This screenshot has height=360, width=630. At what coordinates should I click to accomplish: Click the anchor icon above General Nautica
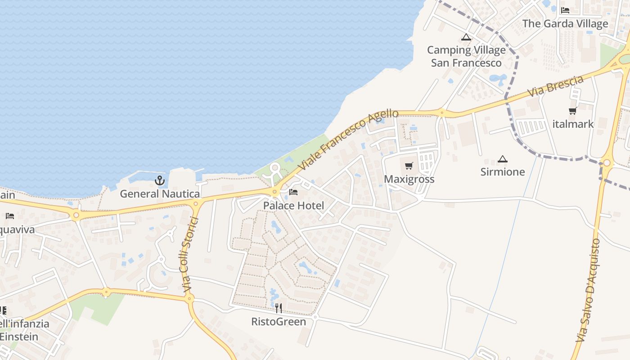[159, 181]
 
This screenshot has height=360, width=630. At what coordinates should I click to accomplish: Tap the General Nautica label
[160, 194]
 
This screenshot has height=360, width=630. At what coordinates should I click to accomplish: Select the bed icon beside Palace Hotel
[293, 193]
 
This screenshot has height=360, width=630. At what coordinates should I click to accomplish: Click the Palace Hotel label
[293, 206]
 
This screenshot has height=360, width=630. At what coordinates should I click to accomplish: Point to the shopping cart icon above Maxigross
[409, 166]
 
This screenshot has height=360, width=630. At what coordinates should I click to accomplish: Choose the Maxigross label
[409, 179]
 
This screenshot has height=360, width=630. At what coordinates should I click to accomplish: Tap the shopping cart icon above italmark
[573, 111]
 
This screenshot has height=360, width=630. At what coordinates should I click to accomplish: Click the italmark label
[573, 124]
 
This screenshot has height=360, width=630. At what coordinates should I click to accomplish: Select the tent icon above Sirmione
[503, 159]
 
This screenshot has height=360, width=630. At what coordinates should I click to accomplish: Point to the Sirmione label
[503, 172]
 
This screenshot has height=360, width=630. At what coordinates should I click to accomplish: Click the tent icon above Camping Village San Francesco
[466, 37]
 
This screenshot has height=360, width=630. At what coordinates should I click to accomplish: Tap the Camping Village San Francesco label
[466, 56]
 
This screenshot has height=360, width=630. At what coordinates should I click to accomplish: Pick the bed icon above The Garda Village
[565, 10]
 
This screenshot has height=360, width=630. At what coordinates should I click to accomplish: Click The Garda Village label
[565, 23]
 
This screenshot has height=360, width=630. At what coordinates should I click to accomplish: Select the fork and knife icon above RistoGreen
[279, 308]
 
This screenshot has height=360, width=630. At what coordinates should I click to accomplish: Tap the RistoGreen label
[279, 322]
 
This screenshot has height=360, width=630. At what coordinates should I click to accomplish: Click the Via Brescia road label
[556, 86]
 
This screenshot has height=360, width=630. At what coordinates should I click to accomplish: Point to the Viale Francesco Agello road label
[348, 139]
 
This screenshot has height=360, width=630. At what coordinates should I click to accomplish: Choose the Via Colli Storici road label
[188, 256]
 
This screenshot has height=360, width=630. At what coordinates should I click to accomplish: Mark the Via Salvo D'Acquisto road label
[589, 290]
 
